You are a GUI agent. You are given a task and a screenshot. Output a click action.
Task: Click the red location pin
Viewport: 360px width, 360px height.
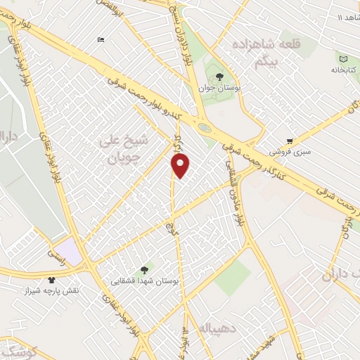[181, 165]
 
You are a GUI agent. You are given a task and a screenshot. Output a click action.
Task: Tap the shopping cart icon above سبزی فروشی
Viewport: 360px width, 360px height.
[290, 140]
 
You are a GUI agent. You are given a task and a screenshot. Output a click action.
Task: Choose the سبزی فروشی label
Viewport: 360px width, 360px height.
[289, 152]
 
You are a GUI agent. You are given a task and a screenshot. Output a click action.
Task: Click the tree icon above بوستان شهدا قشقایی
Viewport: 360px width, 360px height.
[145, 269]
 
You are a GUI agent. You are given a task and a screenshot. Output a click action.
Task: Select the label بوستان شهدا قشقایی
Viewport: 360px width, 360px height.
[145, 281]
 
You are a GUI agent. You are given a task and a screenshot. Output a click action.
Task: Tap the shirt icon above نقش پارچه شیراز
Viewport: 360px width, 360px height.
[51, 279]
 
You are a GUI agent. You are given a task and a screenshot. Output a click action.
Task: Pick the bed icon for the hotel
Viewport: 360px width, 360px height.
[101, 39]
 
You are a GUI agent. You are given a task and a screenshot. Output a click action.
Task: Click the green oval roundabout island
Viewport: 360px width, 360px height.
[203, 128]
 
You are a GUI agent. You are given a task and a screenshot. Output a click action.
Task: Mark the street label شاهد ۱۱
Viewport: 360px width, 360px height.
[347, 16]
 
